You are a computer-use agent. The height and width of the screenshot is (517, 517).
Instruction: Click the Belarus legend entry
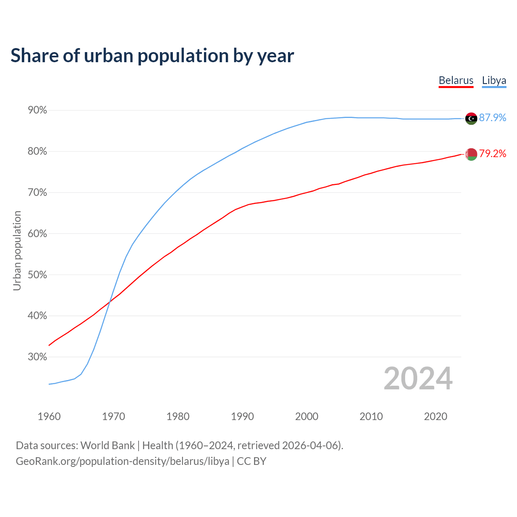[x=456, y=80]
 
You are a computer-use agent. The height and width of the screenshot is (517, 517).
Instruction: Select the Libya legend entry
[x=494, y=80]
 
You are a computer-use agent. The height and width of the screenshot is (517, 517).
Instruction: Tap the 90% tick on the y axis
[x=37, y=110]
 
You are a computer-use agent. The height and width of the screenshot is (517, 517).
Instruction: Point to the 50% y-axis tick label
[x=37, y=275]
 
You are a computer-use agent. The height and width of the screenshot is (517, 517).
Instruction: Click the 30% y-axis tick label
[x=37, y=357]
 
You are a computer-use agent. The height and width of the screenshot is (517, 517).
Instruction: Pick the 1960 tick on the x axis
[x=49, y=416]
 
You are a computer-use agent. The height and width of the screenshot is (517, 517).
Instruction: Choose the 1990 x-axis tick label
[x=242, y=416]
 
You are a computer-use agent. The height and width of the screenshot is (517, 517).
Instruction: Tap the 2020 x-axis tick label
[x=435, y=416]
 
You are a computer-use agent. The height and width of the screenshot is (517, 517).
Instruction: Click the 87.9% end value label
[x=492, y=118]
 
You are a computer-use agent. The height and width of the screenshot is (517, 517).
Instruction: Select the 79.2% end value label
[x=492, y=153]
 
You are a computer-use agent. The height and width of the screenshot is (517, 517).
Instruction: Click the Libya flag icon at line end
[x=471, y=118]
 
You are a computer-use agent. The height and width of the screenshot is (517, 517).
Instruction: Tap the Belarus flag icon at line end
[x=471, y=154]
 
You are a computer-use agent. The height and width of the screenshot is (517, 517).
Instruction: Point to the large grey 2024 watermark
[x=418, y=379]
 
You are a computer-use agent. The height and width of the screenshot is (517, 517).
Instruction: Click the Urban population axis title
[x=17, y=250]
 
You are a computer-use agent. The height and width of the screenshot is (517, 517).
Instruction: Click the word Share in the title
[x=34, y=56]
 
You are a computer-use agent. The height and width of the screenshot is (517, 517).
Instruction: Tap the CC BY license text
[x=252, y=461]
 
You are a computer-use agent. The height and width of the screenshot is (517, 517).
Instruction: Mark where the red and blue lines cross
[x=109, y=300]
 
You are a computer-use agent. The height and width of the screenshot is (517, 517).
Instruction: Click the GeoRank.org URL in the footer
[x=122, y=461]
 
